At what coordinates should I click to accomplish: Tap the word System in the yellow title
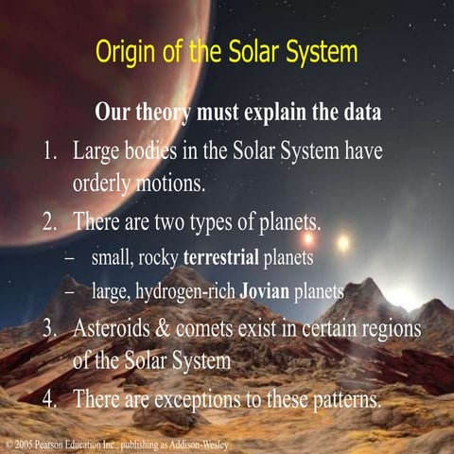coord(314,52)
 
